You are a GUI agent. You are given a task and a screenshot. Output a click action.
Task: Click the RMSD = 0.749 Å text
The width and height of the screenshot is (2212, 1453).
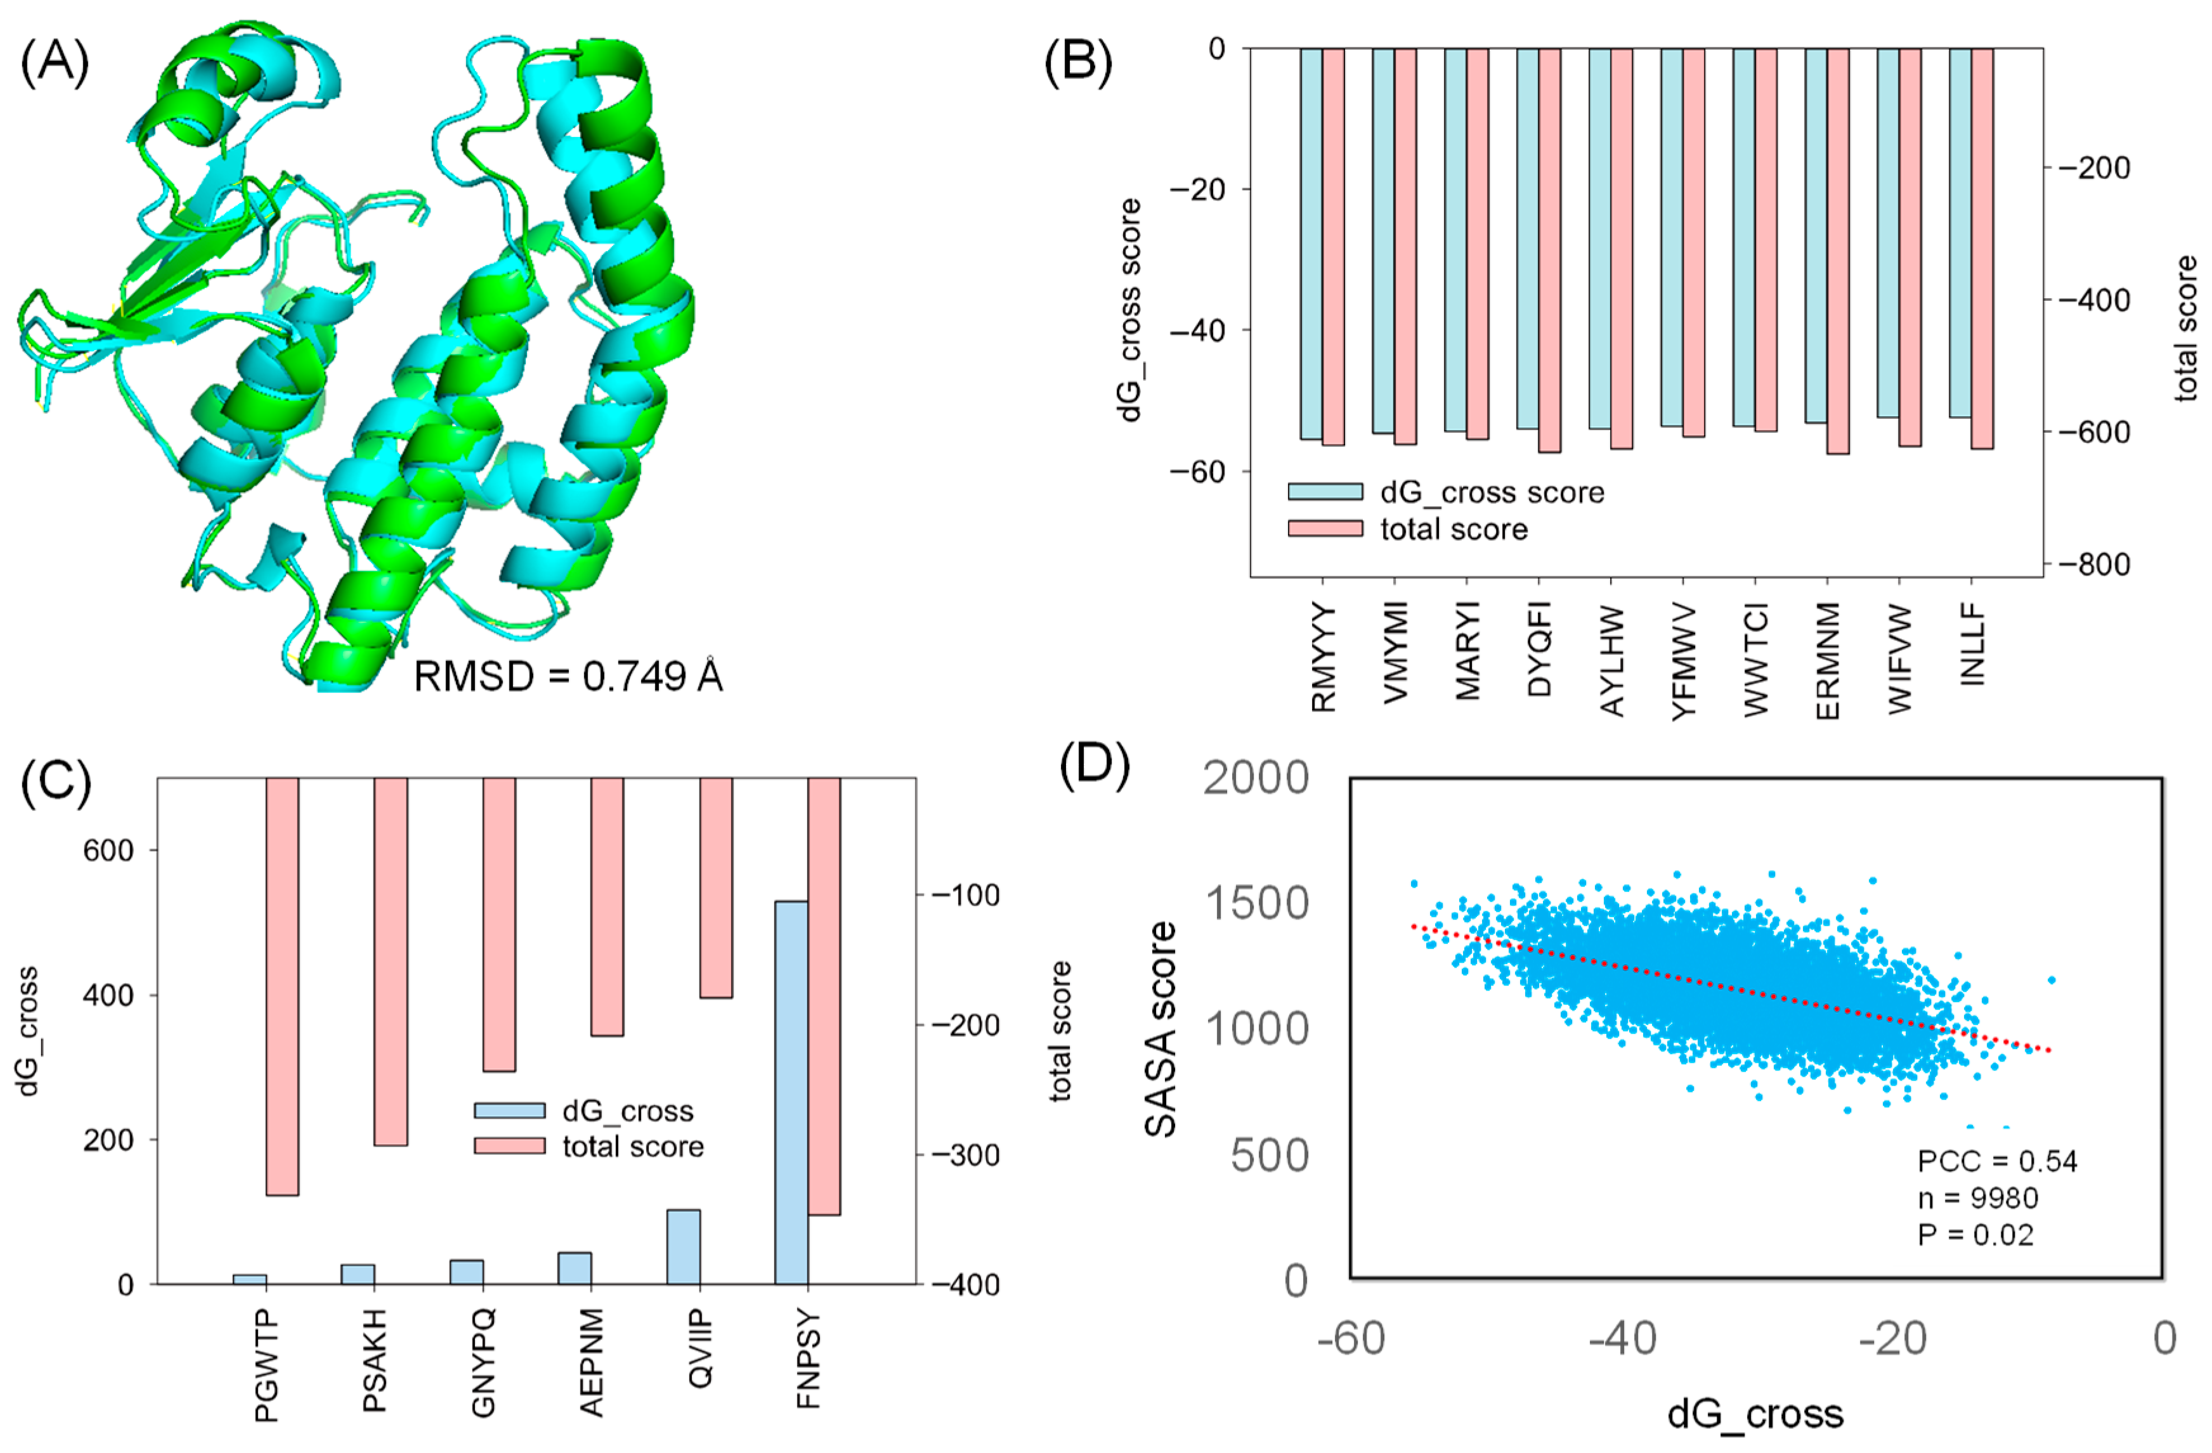[568, 677]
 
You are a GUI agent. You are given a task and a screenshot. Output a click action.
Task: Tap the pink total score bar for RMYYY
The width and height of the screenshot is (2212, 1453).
[1333, 246]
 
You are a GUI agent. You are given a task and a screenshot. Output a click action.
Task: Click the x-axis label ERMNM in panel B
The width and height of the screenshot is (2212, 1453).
[1827, 661]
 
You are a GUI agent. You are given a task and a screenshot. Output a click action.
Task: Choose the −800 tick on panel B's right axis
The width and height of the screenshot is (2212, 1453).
[2094, 564]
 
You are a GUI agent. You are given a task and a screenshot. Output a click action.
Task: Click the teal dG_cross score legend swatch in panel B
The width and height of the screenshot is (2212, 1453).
[1324, 492]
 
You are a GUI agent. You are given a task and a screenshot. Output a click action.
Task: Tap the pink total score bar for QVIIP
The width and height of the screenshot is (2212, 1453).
[715, 888]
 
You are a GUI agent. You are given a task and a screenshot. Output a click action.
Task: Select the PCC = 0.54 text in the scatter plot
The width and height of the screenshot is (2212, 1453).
[1996, 1161]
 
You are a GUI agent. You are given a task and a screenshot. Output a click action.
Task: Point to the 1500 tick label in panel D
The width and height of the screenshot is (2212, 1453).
[1256, 904]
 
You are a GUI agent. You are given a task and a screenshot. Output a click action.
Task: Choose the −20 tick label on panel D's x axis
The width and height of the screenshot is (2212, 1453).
[1892, 1339]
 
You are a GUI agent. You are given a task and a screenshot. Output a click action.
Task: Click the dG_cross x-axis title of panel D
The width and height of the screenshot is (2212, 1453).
[1755, 1414]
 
